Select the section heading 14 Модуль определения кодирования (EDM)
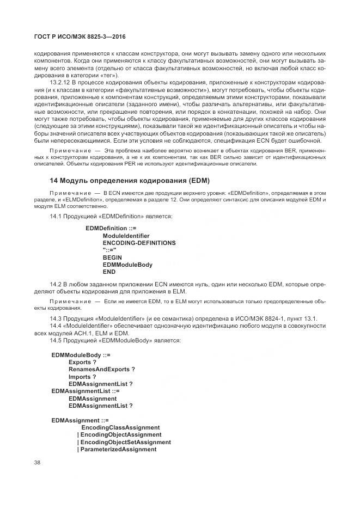(x=130, y=180)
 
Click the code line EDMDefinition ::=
(x=111, y=228)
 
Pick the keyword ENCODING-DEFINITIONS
(x=139, y=242)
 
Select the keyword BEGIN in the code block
(x=112, y=257)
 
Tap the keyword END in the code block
(x=109, y=272)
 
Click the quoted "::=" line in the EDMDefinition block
(x=109, y=250)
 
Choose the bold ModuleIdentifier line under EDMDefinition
(x=126, y=235)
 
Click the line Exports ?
(x=82, y=361)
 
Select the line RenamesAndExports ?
(x=101, y=369)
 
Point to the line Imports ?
(x=82, y=376)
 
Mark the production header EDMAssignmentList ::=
(x=86, y=391)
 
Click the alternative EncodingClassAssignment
(x=120, y=427)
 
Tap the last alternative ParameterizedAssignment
(x=118, y=449)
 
